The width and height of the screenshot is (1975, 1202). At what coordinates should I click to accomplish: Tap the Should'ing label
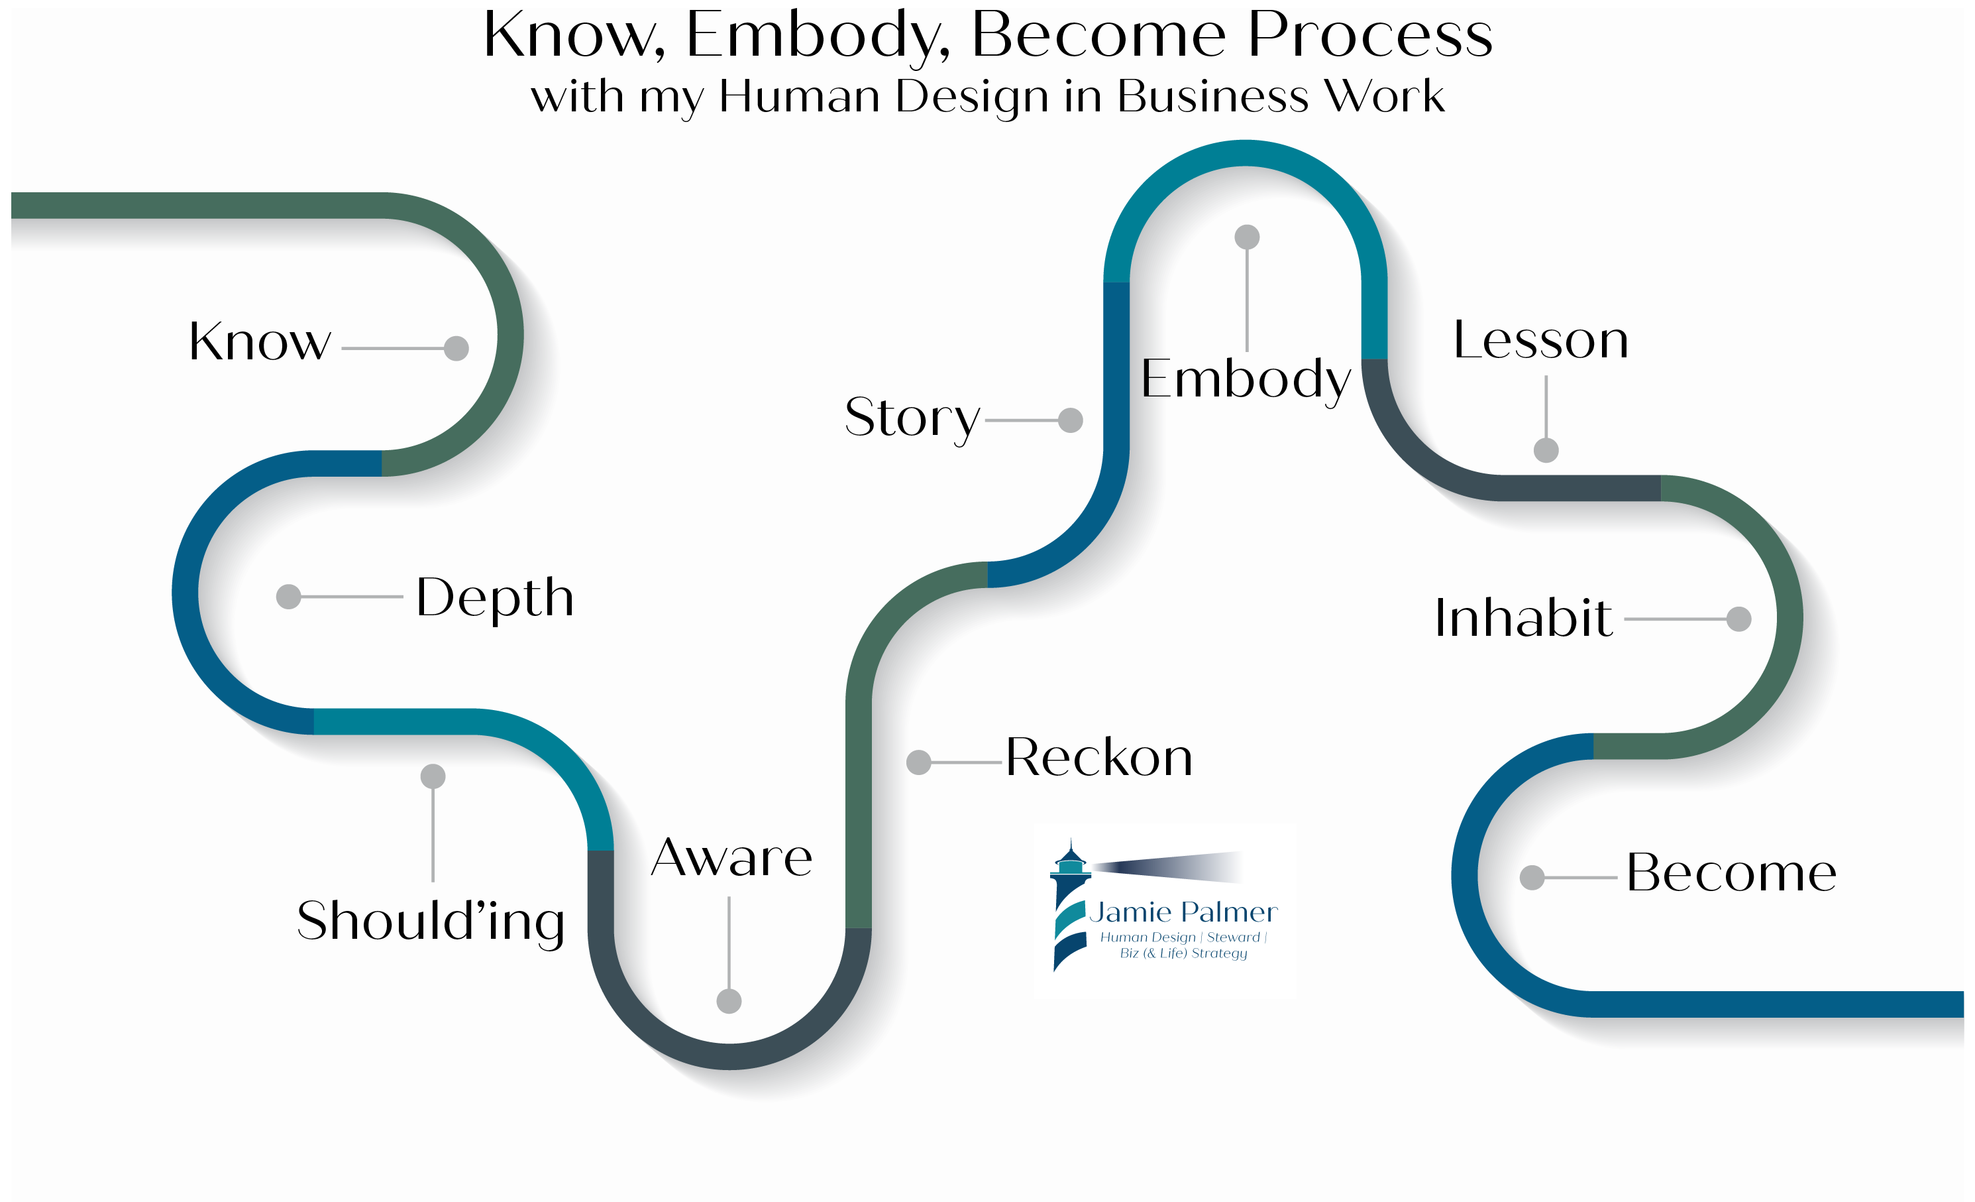(431, 922)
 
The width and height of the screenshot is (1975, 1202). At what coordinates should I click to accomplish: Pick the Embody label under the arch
(1246, 380)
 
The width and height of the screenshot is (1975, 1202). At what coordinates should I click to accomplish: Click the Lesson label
(1540, 339)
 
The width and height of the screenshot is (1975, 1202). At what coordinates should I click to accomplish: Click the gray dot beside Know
(456, 348)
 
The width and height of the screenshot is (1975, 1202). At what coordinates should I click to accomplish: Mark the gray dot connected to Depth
(289, 597)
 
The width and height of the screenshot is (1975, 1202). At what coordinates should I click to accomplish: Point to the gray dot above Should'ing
(433, 776)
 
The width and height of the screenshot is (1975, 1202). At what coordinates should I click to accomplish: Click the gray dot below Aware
(729, 1000)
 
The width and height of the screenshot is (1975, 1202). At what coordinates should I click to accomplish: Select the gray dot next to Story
(1070, 420)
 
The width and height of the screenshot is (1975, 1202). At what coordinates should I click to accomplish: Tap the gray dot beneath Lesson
(1546, 450)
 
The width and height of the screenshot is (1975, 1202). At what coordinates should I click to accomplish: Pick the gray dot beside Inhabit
(1738, 619)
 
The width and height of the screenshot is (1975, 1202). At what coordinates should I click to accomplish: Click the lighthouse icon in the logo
(1071, 906)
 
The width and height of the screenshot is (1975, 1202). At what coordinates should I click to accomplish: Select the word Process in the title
(1371, 35)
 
